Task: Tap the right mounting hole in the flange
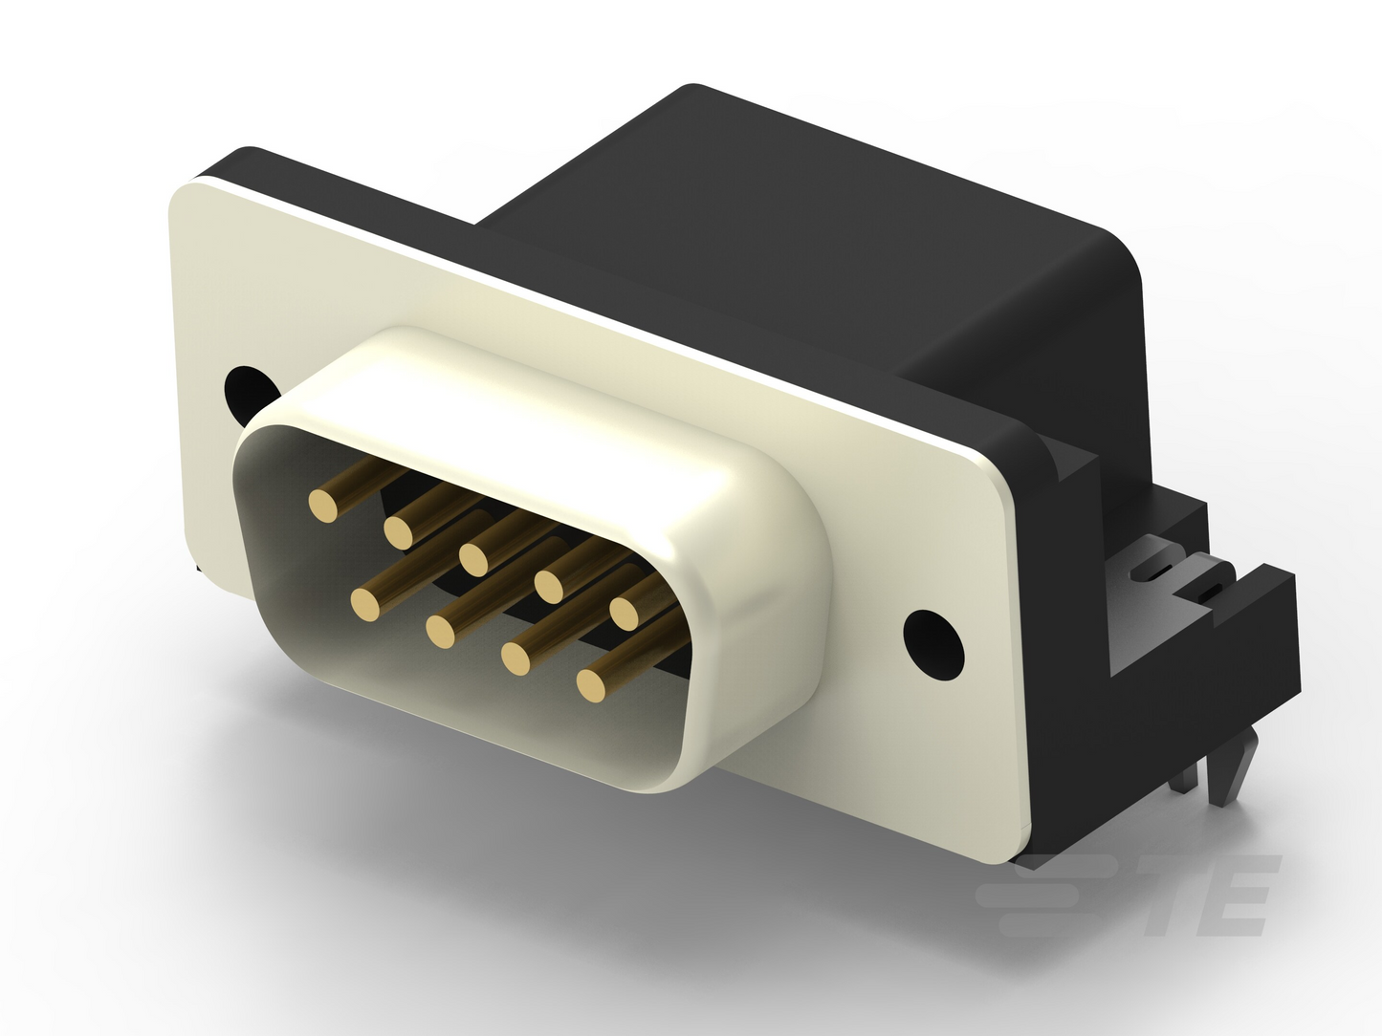(933, 644)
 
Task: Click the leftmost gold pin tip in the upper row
(323, 505)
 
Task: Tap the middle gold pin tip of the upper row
(474, 558)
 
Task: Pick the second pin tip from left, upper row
(399, 531)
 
